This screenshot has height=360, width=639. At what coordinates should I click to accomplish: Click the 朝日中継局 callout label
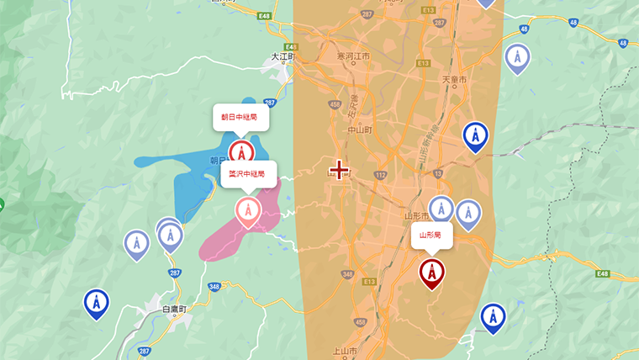click(x=240, y=118)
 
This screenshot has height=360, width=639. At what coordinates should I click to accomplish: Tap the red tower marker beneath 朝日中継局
click(x=241, y=154)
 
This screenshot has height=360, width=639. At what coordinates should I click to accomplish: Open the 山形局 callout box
click(x=430, y=236)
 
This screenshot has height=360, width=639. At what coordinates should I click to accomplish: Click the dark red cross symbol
click(x=339, y=171)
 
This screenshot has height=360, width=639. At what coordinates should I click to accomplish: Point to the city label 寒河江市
click(x=353, y=56)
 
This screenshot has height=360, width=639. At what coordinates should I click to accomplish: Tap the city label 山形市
click(x=417, y=215)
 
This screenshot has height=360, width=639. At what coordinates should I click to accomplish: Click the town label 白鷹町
click(x=177, y=310)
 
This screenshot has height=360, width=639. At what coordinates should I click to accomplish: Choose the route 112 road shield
click(x=380, y=175)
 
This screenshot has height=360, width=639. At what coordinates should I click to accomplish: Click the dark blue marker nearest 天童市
click(x=476, y=135)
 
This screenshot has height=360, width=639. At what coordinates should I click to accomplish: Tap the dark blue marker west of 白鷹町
click(x=97, y=303)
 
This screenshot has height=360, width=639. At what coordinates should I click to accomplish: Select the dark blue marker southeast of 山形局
click(x=493, y=317)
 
